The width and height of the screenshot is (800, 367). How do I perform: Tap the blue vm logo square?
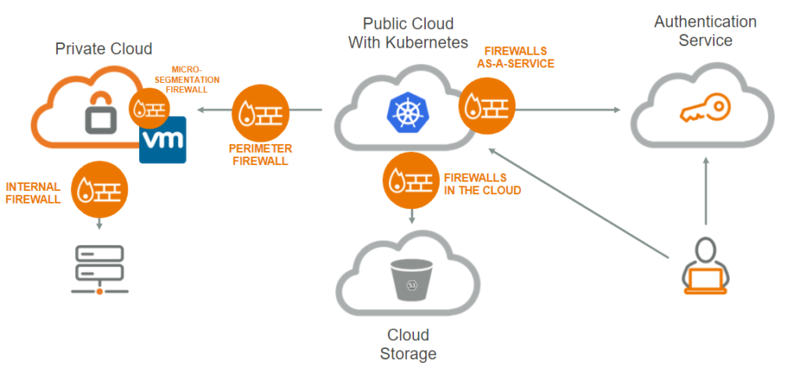point(162,139)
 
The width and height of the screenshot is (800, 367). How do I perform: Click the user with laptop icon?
point(706,265)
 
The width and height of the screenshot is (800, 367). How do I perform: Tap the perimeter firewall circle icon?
point(260,111)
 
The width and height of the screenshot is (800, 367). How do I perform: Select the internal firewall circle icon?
point(99,189)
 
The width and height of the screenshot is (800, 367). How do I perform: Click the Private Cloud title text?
point(103,49)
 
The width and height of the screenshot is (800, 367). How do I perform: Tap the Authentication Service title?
point(705,31)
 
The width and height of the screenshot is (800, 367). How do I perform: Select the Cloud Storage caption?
point(407,344)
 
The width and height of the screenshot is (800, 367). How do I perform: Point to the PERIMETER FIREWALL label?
point(260,154)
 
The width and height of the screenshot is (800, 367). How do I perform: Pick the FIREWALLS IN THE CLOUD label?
point(482,185)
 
